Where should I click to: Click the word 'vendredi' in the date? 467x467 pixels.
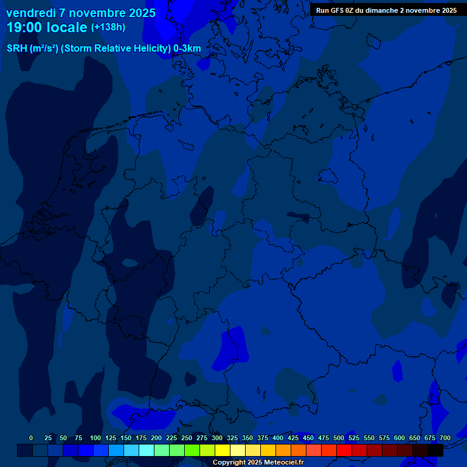point(31,13)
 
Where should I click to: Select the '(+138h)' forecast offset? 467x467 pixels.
point(108,27)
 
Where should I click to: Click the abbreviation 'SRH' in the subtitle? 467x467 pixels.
point(16,49)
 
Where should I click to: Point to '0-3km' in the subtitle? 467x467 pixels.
point(187,49)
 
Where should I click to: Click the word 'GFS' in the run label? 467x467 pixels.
point(338,10)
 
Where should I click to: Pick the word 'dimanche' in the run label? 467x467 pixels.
point(381,10)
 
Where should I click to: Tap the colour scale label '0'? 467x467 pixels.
point(31,438)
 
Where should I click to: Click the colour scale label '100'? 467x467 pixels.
point(95,438)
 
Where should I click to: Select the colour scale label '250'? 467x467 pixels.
point(187,438)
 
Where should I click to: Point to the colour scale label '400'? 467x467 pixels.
point(278,438)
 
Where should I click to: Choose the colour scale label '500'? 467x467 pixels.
point(339,438)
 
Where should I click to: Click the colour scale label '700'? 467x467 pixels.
point(445,438)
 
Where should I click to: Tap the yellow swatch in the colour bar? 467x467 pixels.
point(223,450)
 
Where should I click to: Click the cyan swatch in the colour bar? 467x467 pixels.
point(147,450)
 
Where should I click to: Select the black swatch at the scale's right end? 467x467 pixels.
point(435,450)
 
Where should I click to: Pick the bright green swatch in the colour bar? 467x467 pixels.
point(192,450)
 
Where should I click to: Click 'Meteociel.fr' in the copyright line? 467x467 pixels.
point(284,463)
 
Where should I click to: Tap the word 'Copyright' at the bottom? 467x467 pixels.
point(230,463)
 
